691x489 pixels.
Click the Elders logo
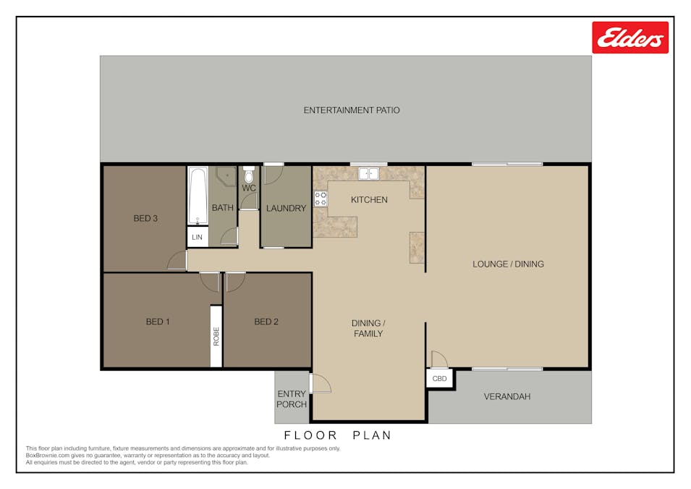630,38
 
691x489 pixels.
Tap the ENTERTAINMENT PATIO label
351,110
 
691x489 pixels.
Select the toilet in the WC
249,175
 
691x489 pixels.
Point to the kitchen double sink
369,173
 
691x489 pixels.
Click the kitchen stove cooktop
321,198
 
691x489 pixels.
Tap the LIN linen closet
197,237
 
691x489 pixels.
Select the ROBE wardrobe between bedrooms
216,336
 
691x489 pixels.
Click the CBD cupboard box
439,379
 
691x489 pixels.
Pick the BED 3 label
145,217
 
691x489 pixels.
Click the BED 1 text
157,322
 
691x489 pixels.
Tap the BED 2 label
266,322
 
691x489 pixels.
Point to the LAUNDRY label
286,209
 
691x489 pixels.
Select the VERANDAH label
507,396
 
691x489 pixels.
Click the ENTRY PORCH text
292,399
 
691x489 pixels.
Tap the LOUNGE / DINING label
508,264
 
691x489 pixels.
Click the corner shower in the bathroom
226,176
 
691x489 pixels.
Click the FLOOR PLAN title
337,435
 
